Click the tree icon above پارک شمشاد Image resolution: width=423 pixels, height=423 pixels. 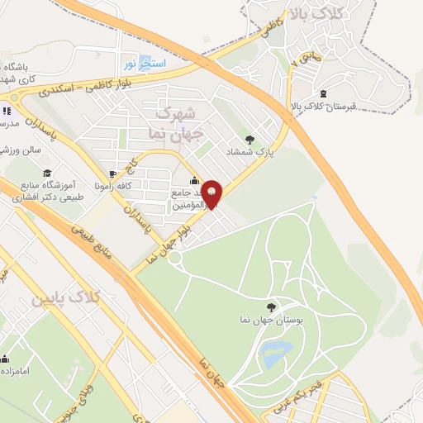tap(250, 139)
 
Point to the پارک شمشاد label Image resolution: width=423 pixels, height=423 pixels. tap(250, 152)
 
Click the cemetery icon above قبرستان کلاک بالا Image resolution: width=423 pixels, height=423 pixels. tap(323, 92)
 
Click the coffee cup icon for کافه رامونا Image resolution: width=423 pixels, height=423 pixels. tap(112, 174)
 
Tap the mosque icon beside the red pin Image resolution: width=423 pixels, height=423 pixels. tap(194, 181)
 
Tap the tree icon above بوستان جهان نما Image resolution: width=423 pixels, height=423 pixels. tap(274, 306)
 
